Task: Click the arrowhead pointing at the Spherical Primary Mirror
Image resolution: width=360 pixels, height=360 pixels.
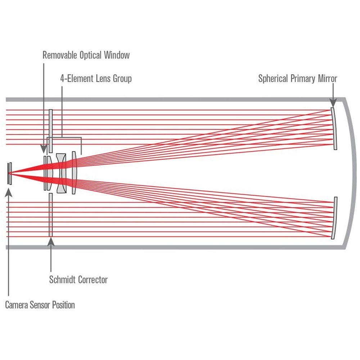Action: (x=333, y=104)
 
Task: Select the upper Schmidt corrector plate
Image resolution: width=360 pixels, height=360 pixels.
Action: (x=51, y=130)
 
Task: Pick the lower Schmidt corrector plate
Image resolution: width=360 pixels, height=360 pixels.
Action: (x=51, y=215)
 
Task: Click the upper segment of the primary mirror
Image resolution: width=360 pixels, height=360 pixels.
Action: (x=334, y=128)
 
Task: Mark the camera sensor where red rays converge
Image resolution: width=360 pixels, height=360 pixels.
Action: (x=10, y=173)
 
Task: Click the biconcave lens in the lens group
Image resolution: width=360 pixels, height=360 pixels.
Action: (x=61, y=173)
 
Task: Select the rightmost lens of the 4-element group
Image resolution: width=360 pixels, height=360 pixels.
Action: (x=74, y=173)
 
